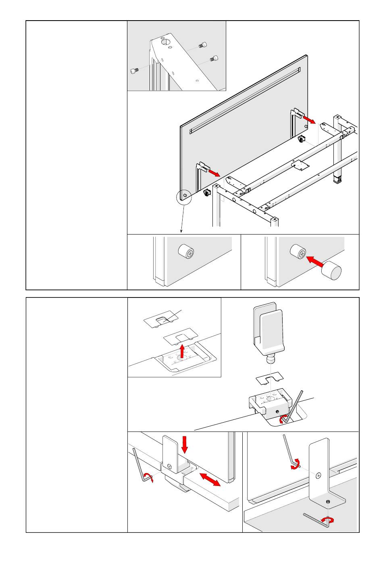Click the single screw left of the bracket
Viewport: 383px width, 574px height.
point(134,71)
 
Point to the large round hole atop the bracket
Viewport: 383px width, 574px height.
point(165,42)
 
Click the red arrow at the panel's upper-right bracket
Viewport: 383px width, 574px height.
point(310,119)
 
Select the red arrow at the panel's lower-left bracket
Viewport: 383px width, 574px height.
point(214,172)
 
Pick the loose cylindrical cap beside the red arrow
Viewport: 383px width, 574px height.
point(331,270)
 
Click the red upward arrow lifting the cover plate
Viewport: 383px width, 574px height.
point(182,351)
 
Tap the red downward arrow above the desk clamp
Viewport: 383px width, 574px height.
point(185,444)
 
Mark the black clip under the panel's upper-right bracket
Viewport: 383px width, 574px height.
point(301,140)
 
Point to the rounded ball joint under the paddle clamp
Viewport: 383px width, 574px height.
point(270,358)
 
